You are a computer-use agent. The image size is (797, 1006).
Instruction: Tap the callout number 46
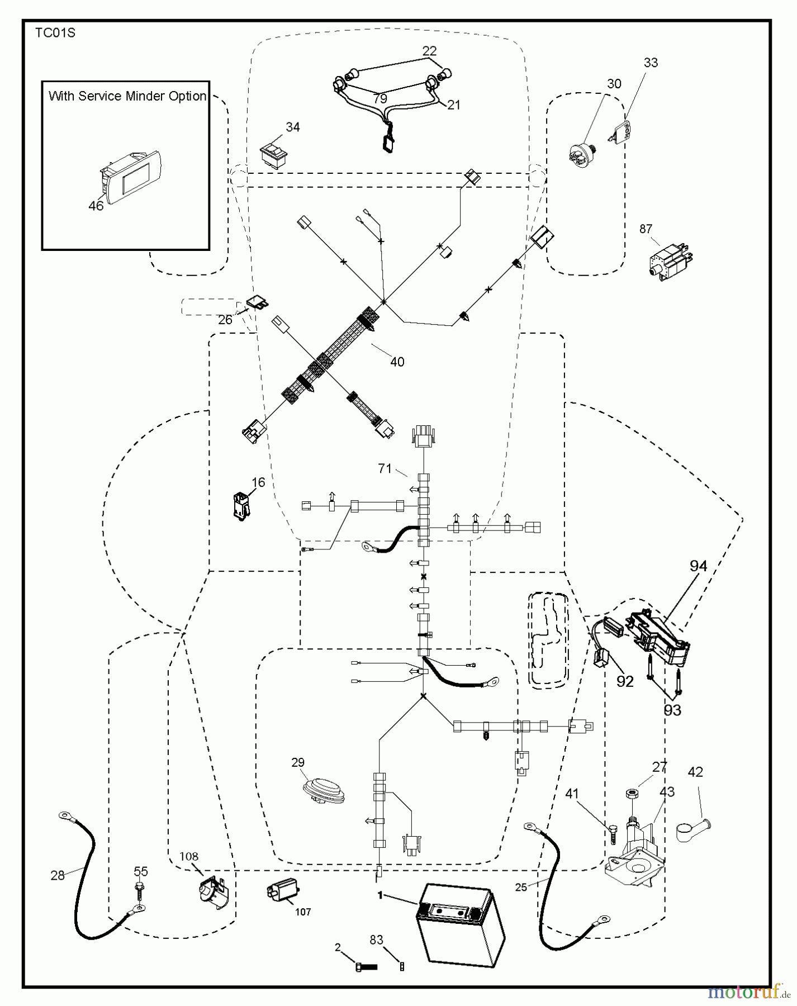[x=96, y=206]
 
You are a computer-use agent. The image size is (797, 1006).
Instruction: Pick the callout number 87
[x=646, y=229]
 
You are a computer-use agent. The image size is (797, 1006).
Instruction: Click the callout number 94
[x=698, y=566]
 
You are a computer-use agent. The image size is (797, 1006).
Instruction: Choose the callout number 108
[x=189, y=856]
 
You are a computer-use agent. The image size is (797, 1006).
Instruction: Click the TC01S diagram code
[x=55, y=33]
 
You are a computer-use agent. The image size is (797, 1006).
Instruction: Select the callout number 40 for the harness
[x=397, y=362]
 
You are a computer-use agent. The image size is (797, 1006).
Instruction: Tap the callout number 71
[x=385, y=468]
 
